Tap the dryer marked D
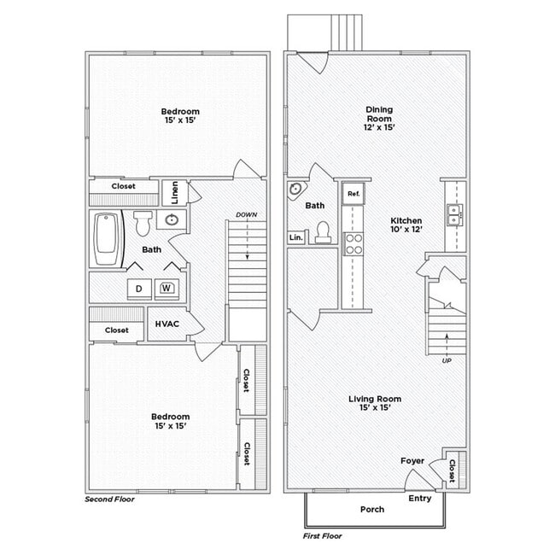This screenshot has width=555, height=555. pos(138,289)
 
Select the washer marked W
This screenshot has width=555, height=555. pos(166,288)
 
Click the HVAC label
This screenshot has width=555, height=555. pos(166,324)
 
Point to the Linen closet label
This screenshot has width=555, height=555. pos(174,193)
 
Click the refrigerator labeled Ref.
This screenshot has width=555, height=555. pos(353,194)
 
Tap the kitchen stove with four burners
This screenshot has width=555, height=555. pos(353,243)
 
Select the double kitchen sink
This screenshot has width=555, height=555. pos(455,214)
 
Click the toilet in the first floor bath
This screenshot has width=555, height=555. pos(323,232)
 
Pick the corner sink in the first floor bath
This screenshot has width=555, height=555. pos(296,190)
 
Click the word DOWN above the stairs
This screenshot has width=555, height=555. pos(247,214)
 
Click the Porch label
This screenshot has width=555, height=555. pos(371,509)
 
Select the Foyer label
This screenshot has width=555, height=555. pos(412,461)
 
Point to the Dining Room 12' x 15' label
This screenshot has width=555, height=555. pos(379,118)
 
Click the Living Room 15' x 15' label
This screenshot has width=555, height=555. pos(375,403)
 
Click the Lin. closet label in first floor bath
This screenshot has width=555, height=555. pos(295,237)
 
